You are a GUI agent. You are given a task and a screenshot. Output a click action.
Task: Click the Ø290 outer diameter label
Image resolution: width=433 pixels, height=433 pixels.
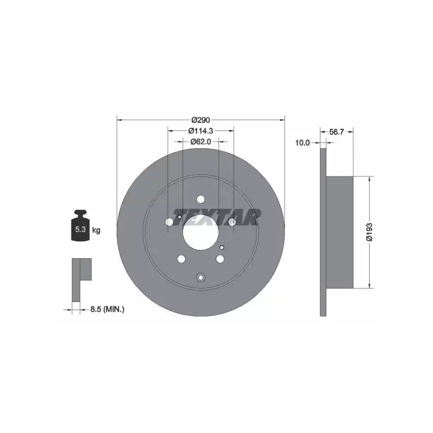click(x=201, y=120)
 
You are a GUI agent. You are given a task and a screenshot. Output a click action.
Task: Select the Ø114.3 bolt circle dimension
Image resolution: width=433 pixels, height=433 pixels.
click(x=201, y=130)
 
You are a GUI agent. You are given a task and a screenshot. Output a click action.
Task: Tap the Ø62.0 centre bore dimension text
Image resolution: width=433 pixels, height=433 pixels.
click(x=201, y=142)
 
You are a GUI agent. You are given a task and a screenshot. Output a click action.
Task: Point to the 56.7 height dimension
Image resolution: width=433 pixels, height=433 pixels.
click(x=336, y=132)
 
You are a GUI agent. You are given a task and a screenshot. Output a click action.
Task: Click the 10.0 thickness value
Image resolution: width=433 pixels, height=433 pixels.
click(x=303, y=143)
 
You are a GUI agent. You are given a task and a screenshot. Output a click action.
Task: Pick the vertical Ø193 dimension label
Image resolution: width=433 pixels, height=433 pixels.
click(x=369, y=232)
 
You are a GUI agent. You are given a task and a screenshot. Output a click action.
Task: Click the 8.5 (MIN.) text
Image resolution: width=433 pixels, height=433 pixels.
click(x=107, y=309)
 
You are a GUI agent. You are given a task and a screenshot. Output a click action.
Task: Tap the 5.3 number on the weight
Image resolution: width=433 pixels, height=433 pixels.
click(x=80, y=229)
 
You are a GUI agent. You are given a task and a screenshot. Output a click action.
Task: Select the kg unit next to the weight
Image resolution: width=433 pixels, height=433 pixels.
click(x=96, y=229)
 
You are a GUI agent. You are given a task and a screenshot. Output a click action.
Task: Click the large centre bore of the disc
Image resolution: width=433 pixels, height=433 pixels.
click(x=201, y=232)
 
